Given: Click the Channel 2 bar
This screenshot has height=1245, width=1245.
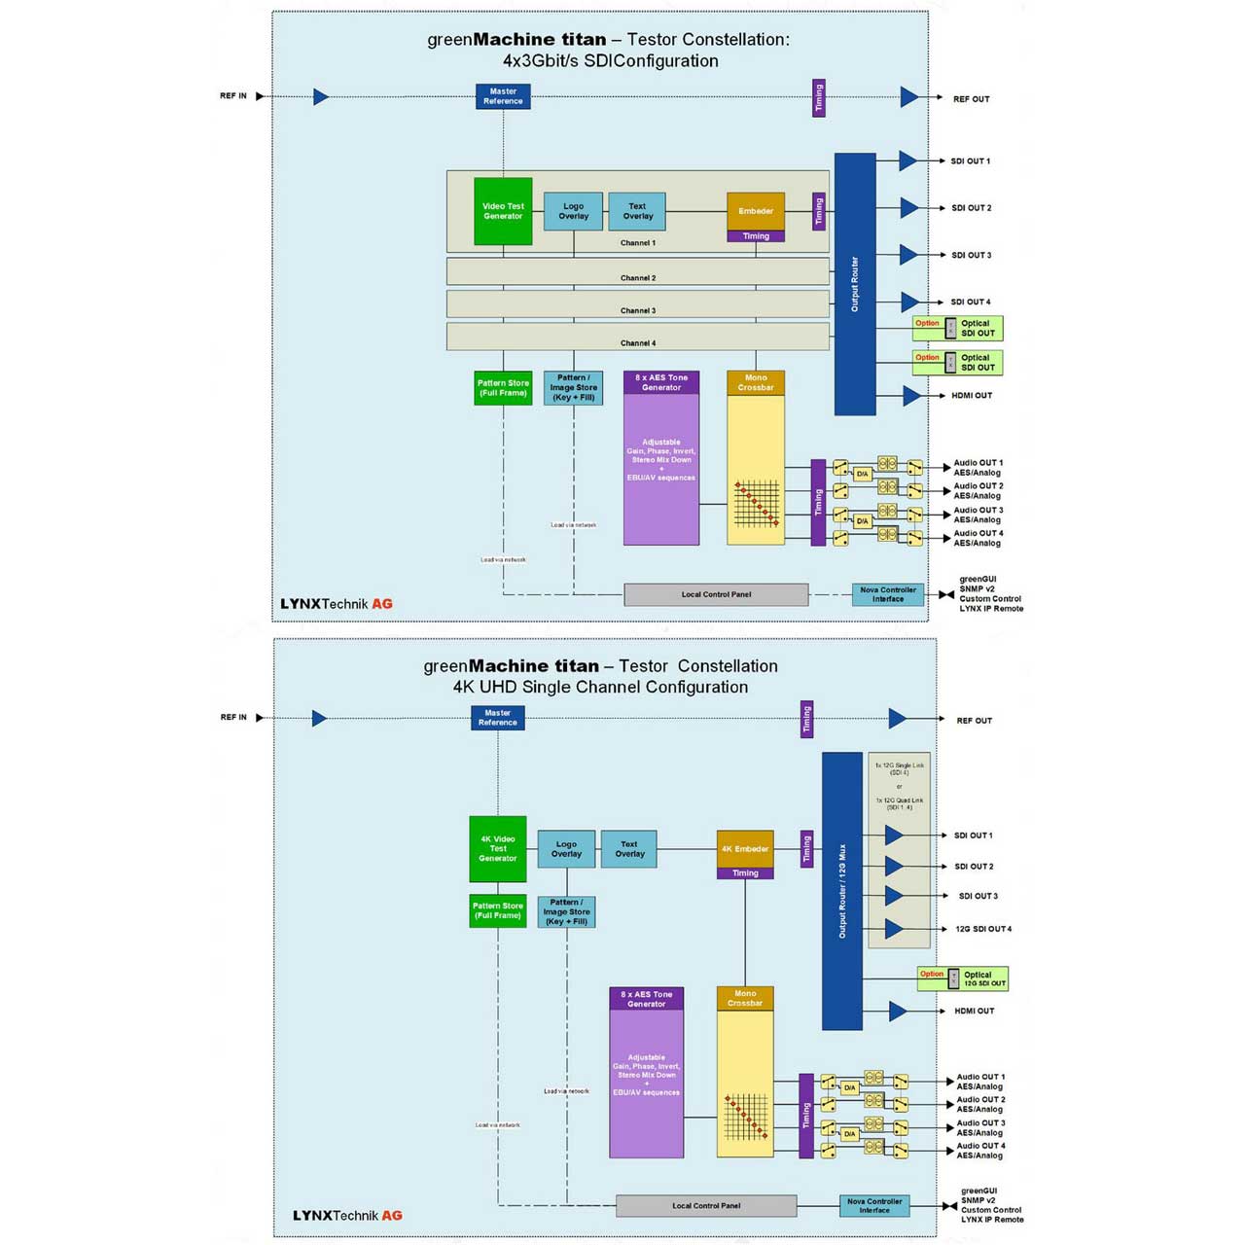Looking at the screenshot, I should click(638, 271).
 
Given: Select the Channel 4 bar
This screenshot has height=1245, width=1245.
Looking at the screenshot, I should click(638, 337).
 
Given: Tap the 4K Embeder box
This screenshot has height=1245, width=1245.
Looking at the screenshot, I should click(745, 848).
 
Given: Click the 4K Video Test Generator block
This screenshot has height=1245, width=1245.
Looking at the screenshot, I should click(498, 848).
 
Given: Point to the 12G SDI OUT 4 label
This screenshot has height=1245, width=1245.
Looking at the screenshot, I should click(983, 929).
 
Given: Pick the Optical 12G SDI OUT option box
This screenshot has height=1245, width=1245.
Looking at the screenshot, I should click(963, 978).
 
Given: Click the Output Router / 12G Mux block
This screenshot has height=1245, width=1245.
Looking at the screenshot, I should click(842, 891).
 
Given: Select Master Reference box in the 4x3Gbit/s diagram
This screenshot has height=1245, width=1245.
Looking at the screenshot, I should click(503, 96).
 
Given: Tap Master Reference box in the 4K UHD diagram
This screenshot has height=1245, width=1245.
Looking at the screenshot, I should click(498, 718).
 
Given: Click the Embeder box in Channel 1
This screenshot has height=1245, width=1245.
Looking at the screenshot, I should click(756, 211).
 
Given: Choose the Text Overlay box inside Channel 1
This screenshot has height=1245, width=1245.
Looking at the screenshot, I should click(637, 211).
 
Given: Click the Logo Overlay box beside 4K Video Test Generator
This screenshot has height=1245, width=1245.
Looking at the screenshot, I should click(566, 849).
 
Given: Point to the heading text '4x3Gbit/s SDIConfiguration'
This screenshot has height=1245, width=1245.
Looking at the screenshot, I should click(611, 60).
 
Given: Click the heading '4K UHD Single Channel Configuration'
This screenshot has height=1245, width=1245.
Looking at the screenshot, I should click(600, 687).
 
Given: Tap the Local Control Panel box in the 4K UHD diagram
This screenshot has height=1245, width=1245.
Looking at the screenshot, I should click(706, 1206).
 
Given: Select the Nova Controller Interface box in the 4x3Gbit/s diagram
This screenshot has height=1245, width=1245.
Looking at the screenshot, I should click(888, 594).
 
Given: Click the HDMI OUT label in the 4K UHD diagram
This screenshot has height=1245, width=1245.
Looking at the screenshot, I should click(975, 1011).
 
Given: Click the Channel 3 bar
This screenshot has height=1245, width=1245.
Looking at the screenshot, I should click(638, 304).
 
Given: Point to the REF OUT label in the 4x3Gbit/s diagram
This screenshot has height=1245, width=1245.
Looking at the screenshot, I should click(971, 99).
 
